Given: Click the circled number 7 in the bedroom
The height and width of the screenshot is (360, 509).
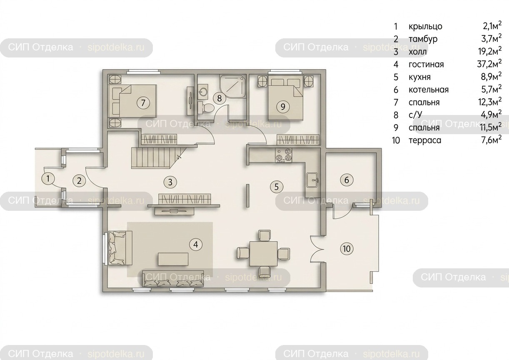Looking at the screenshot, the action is click(143, 103).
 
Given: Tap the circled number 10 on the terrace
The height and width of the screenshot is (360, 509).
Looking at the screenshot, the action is click(347, 248).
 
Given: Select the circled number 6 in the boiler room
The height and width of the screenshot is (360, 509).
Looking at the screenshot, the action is click(347, 180).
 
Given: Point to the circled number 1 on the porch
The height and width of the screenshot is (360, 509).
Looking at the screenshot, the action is click(48, 178).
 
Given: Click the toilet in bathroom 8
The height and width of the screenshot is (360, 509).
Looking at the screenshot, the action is click(206, 108).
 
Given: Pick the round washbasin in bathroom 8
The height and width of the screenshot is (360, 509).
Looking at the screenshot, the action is click(203, 92).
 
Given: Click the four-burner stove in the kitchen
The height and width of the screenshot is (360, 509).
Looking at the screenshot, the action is click(284, 156).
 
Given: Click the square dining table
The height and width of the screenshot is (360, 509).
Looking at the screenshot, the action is click(263, 254).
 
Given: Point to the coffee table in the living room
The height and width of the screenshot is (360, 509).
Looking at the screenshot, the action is click(173, 259).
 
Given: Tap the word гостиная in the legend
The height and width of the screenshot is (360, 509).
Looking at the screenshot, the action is click(426, 65).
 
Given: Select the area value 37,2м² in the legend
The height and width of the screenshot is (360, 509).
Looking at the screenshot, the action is click(489, 64).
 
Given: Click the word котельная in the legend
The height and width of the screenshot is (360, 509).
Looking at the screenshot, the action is click(429, 90).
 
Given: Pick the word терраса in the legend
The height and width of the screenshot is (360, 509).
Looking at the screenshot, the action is click(425, 140).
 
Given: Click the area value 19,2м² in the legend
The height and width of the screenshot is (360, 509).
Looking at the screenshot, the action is click(490, 51).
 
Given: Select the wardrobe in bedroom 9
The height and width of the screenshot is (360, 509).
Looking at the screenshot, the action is click(298, 140).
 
